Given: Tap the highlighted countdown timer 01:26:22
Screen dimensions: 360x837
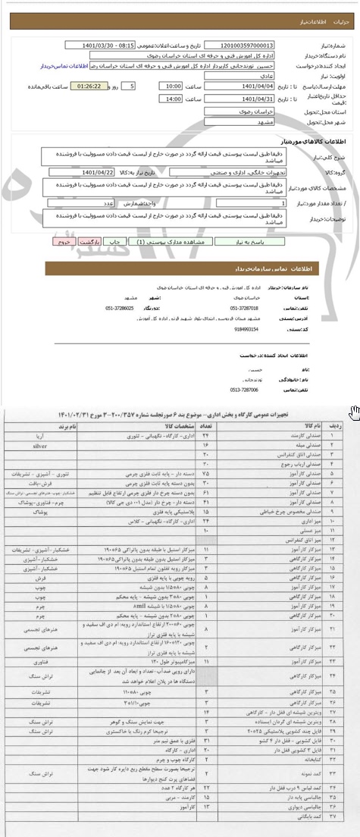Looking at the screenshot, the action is pos(90,87).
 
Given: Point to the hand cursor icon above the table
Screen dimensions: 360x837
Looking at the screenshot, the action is pos(352,412).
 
